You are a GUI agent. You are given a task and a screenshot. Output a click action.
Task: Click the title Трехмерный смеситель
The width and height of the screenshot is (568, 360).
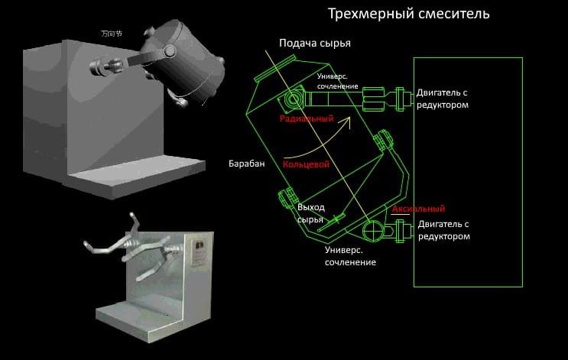pyautogui.click(x=408, y=14)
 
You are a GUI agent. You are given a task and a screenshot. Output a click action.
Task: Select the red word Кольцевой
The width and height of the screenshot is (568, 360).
pyautogui.click(x=306, y=164)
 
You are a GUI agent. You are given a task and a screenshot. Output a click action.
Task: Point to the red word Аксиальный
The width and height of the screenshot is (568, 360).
pyautogui.click(x=417, y=209)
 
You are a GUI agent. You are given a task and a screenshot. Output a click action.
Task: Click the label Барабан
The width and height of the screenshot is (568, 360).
pyautogui.click(x=245, y=164)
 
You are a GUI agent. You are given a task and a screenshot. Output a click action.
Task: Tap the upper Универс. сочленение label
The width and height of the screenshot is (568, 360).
pyautogui.click(x=337, y=82)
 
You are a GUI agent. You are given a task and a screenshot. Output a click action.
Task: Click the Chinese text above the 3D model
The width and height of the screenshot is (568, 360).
pyautogui.click(x=112, y=34)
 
